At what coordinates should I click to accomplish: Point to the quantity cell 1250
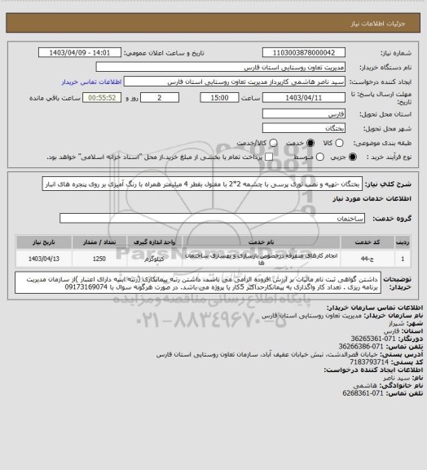[99, 258]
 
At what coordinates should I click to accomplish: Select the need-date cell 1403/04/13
[42, 258]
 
